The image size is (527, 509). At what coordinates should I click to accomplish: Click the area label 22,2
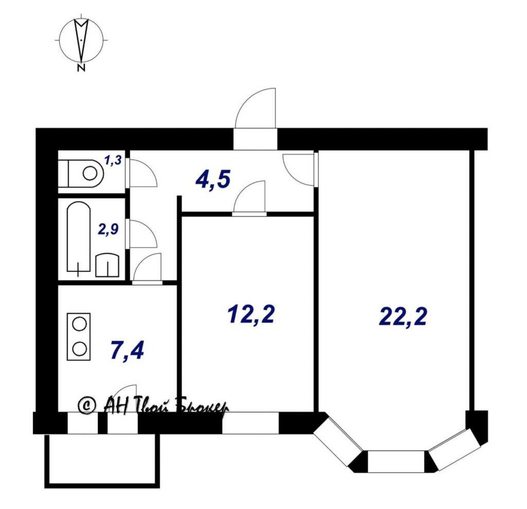click(x=403, y=317)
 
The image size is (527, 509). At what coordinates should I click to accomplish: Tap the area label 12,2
click(x=251, y=315)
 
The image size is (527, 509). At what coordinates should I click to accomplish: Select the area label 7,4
click(x=127, y=350)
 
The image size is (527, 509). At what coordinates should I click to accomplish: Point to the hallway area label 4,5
click(x=213, y=180)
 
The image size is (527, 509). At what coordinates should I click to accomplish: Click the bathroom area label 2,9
click(x=108, y=230)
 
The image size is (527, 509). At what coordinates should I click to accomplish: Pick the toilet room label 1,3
click(x=113, y=160)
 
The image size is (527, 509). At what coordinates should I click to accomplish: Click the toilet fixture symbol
click(x=81, y=173)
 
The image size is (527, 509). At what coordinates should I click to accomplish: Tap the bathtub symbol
click(x=79, y=237)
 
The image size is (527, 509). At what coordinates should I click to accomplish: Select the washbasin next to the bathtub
click(x=107, y=265)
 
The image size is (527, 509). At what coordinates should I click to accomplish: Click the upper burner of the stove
click(x=80, y=324)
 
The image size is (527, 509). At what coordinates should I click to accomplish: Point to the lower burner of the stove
click(x=80, y=349)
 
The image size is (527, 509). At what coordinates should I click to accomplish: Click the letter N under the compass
click(x=81, y=68)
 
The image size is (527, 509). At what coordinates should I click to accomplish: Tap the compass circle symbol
click(x=81, y=40)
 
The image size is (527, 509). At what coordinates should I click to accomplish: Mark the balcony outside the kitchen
click(x=102, y=460)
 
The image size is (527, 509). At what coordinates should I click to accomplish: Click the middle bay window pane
click(x=396, y=461)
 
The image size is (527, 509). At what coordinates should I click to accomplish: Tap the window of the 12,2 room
click(x=250, y=423)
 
